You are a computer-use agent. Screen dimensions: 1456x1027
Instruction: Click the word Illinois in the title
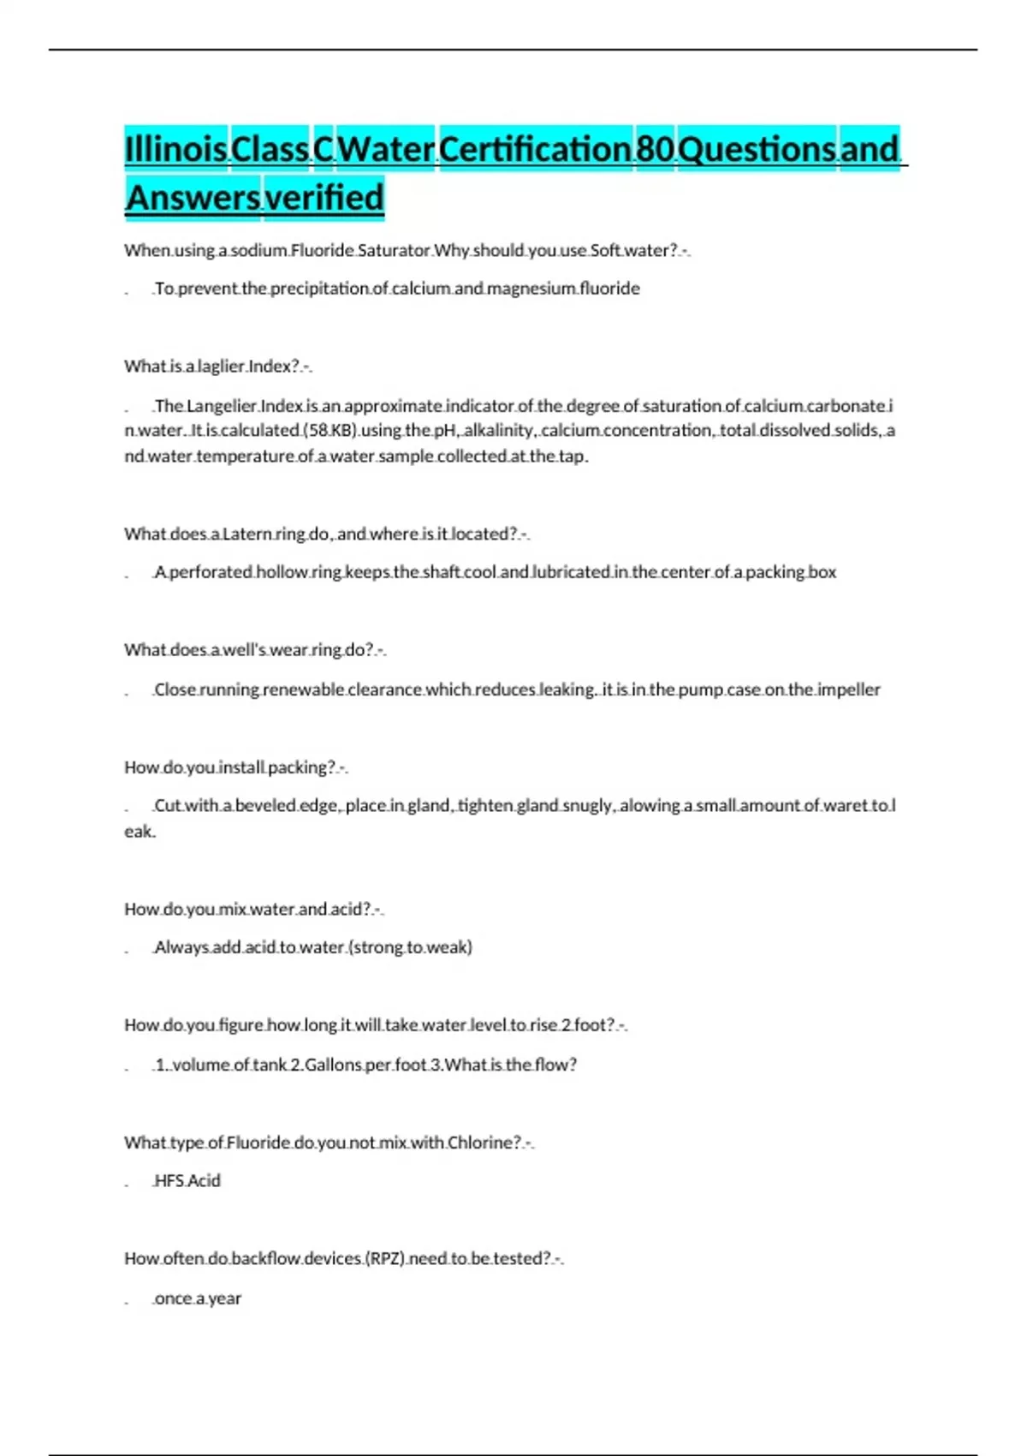175,149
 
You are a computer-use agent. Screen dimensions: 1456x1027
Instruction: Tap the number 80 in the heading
656,149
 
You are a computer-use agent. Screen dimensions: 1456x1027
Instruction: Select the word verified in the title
324,197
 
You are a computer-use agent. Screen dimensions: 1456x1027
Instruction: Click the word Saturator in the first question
394,250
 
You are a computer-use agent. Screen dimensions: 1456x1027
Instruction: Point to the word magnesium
531,289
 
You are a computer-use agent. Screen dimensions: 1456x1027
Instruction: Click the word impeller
848,689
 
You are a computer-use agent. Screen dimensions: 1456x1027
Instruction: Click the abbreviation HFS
169,1181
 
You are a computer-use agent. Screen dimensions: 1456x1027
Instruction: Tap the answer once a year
198,1298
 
